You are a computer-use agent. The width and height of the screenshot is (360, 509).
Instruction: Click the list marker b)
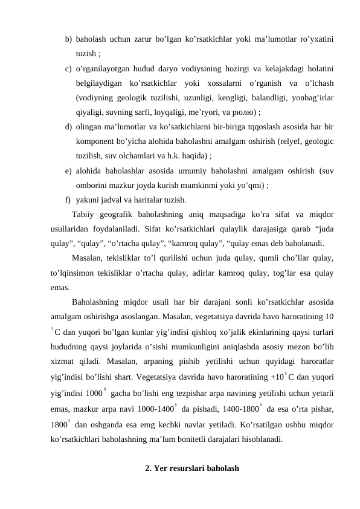pyautogui.click(x=69, y=39)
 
